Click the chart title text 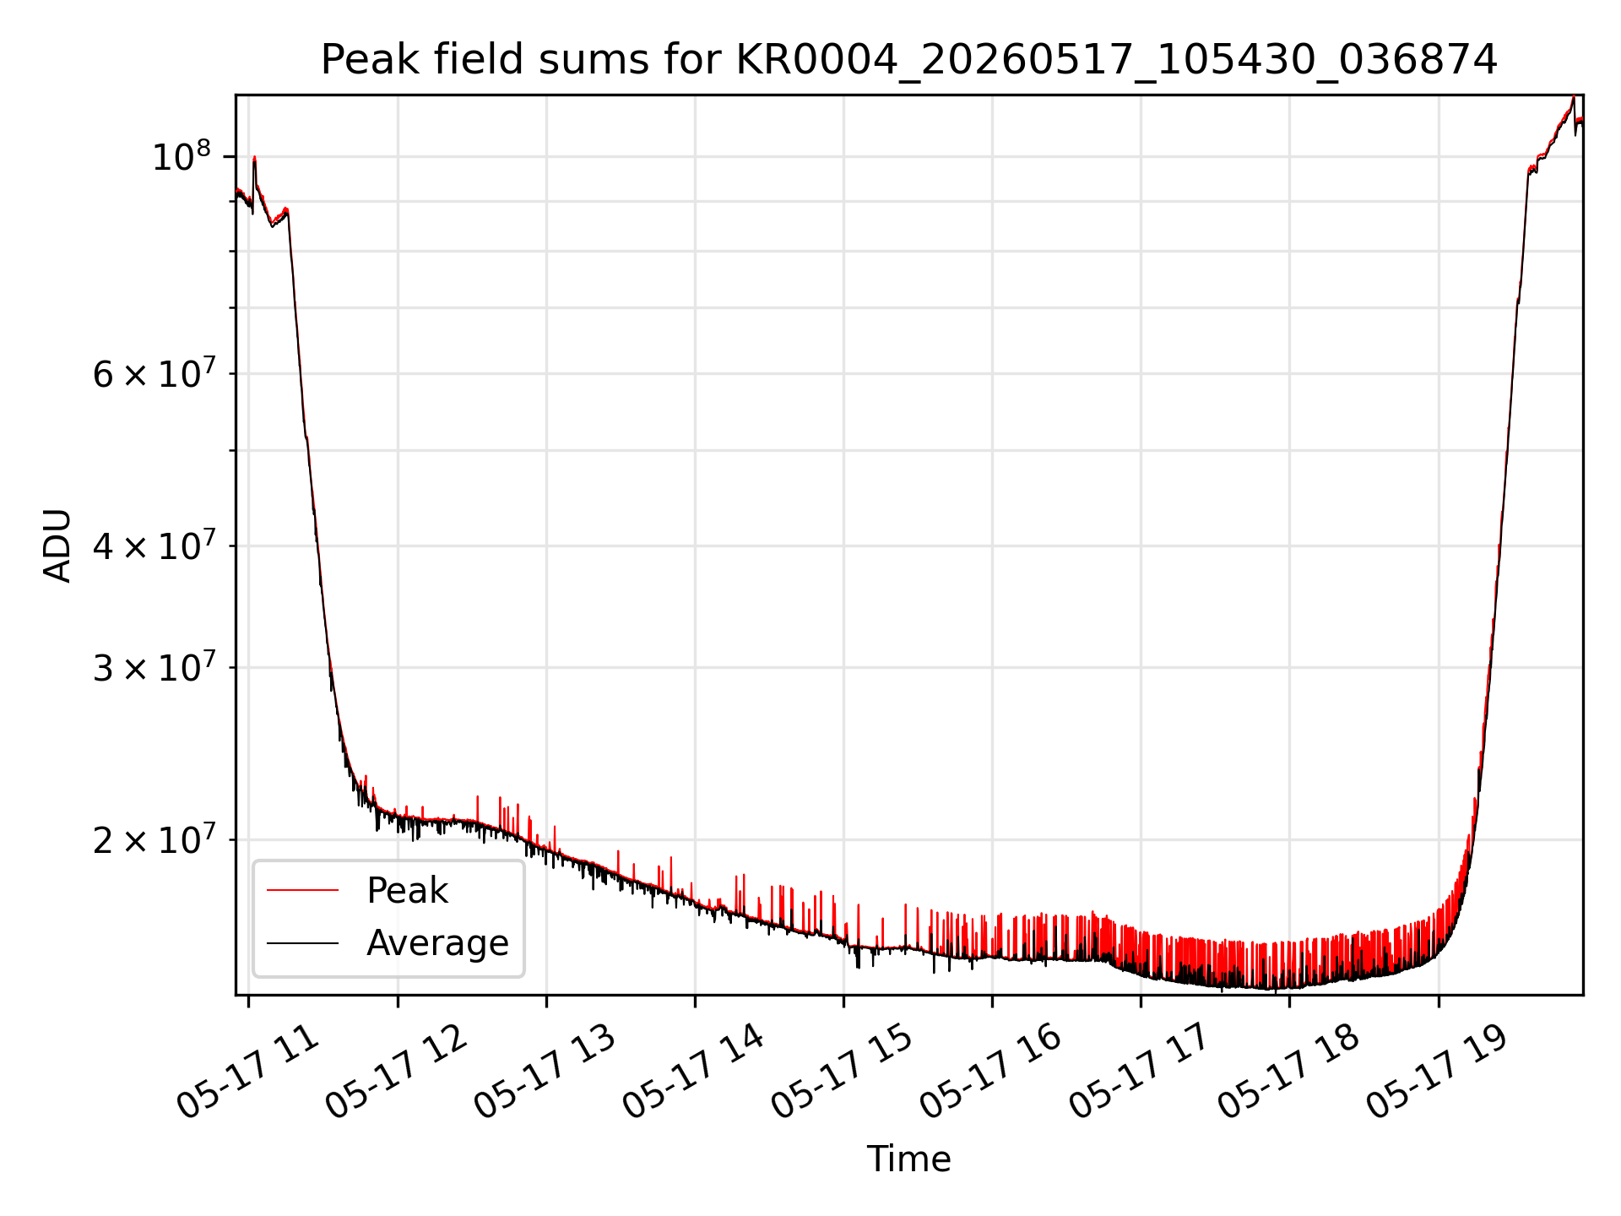click(909, 60)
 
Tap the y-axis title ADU click(57, 546)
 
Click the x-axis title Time click(909, 1159)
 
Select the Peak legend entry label click(407, 891)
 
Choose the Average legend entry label click(437, 942)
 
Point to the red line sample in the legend click(302, 890)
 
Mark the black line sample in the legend click(302, 942)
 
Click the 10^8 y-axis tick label click(181, 157)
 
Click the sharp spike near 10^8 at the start click(254, 160)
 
